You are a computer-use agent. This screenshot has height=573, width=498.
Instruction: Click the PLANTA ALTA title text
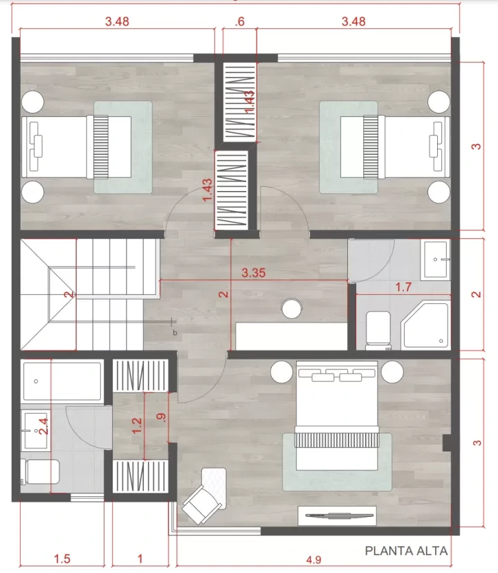tap(406, 551)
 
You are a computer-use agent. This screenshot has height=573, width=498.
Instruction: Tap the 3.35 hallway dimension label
tap(254, 273)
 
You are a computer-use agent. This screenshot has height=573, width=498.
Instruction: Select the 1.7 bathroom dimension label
tap(403, 287)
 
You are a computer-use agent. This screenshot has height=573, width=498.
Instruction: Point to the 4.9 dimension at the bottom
tap(313, 560)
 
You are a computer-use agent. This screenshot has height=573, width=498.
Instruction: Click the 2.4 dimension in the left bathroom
tap(43, 426)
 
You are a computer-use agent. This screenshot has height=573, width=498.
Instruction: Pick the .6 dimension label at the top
tap(239, 21)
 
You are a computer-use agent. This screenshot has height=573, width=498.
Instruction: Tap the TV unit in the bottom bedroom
tap(337, 516)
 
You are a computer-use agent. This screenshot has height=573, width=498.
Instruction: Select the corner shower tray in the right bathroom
tap(425, 325)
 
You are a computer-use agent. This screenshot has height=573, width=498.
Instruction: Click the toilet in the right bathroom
tap(378, 329)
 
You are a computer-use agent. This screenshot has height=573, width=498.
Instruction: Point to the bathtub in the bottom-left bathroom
tap(62, 381)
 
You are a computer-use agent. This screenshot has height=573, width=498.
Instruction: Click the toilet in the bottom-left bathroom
tap(40, 472)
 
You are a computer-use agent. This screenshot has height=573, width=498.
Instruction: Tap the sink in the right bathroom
tap(435, 260)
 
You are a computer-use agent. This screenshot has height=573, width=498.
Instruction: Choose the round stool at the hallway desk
tap(292, 309)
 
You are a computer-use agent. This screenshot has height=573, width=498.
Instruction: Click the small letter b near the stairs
tap(175, 333)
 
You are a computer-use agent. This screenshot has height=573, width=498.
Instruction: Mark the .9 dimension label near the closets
tap(161, 417)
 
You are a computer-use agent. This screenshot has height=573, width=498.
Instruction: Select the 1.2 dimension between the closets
tap(137, 426)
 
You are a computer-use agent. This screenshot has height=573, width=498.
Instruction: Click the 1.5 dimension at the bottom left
tap(62, 558)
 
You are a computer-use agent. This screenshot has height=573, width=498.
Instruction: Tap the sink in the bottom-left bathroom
tap(35, 430)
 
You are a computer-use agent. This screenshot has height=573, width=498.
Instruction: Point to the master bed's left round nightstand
tap(282, 372)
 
